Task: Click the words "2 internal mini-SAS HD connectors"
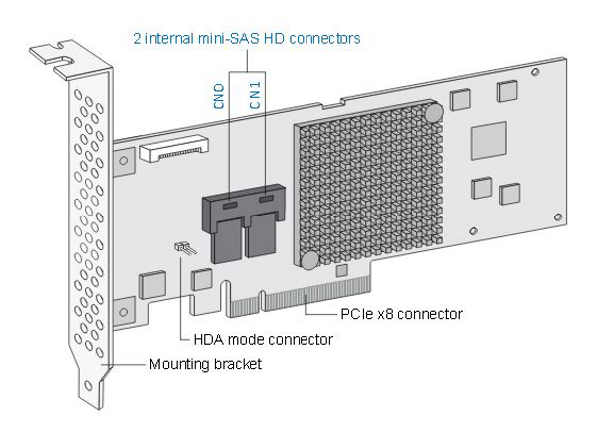[x=246, y=39]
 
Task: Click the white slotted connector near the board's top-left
[x=176, y=150]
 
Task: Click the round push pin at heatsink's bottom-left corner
[x=309, y=260]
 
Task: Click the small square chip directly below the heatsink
[x=342, y=269]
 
